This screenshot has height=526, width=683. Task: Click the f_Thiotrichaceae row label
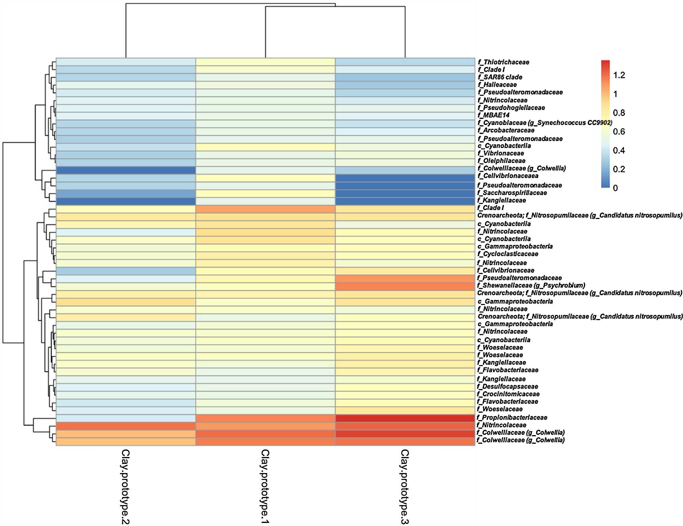503,62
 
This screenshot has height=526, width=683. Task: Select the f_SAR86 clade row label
500,77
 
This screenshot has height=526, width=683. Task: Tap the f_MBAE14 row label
493,115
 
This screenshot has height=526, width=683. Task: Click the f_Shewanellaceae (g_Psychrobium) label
531,285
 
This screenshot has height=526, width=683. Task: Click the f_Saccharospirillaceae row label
512,193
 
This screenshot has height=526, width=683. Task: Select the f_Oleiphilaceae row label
501,161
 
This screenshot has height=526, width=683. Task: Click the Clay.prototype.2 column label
126,486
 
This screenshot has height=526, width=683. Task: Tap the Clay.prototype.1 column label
265,486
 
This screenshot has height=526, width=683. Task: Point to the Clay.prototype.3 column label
405,486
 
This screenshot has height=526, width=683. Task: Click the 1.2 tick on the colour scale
619,75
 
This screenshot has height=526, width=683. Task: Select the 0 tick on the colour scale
615,188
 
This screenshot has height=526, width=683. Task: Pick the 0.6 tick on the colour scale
619,131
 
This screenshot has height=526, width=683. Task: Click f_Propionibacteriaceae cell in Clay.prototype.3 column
405,418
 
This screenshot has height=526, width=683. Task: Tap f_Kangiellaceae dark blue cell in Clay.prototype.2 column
126,201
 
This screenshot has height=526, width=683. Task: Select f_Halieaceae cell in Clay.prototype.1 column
265,85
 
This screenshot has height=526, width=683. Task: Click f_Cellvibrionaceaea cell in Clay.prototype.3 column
405,178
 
